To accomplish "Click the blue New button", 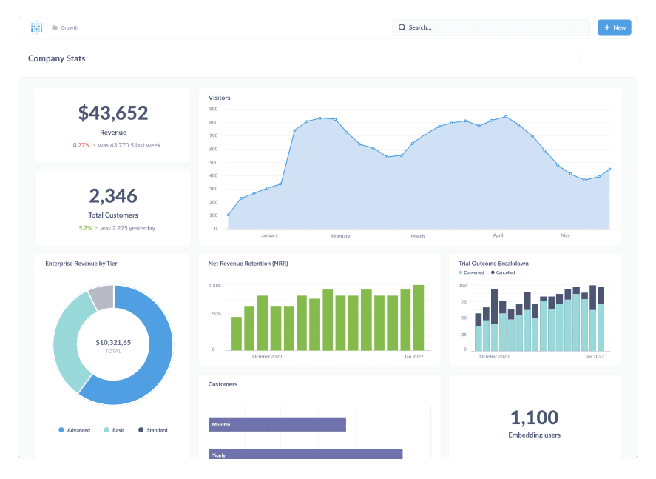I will (614, 27).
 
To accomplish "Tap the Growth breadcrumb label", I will (70, 27).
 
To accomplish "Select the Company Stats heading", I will (56, 58).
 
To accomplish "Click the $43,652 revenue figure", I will (113, 113).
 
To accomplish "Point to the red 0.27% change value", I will (81, 145).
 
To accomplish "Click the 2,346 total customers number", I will (113, 195).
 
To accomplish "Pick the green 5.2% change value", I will (85, 228).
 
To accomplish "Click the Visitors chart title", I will (220, 98).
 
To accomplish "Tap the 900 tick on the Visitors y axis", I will (213, 109).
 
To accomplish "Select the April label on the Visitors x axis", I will (498, 235).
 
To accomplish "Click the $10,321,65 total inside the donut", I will (113, 342).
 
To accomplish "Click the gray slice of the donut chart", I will (102, 297).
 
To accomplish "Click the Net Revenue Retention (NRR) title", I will (248, 264).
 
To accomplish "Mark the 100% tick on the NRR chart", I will (214, 285).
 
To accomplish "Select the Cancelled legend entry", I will (505, 272).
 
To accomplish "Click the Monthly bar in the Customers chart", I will (277, 424).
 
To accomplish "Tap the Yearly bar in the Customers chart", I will (305, 454).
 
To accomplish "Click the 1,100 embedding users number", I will (534, 417).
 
